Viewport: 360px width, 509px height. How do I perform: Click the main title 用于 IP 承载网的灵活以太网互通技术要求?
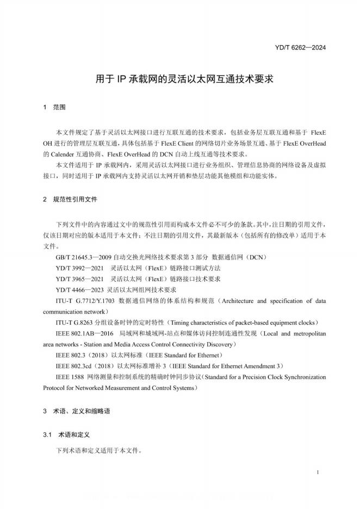click(179, 78)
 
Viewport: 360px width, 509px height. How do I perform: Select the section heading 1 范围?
click(54, 108)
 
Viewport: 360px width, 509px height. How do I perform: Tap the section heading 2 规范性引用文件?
click(70, 200)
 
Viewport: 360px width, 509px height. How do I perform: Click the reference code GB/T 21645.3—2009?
click(84, 256)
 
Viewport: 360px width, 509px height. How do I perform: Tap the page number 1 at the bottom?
click(317, 474)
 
